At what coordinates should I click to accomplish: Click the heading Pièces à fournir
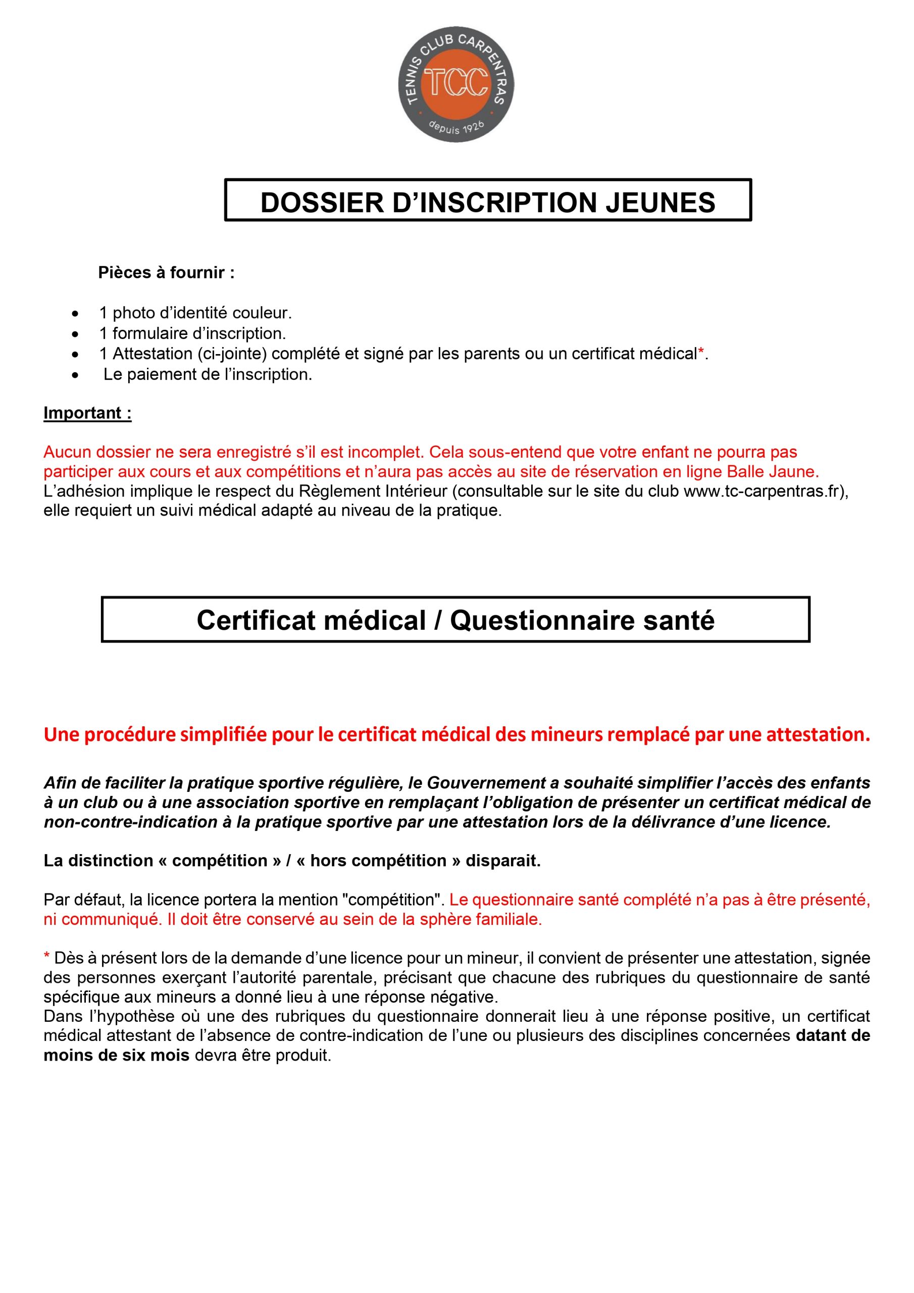166,273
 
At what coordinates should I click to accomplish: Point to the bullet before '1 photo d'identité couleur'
75,313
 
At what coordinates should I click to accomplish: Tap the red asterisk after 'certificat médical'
700,353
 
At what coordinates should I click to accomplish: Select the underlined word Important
87,413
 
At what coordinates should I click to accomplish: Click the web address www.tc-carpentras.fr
763,491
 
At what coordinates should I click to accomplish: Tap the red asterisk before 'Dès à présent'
47,957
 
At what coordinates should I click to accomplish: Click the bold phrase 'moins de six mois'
117,1055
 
